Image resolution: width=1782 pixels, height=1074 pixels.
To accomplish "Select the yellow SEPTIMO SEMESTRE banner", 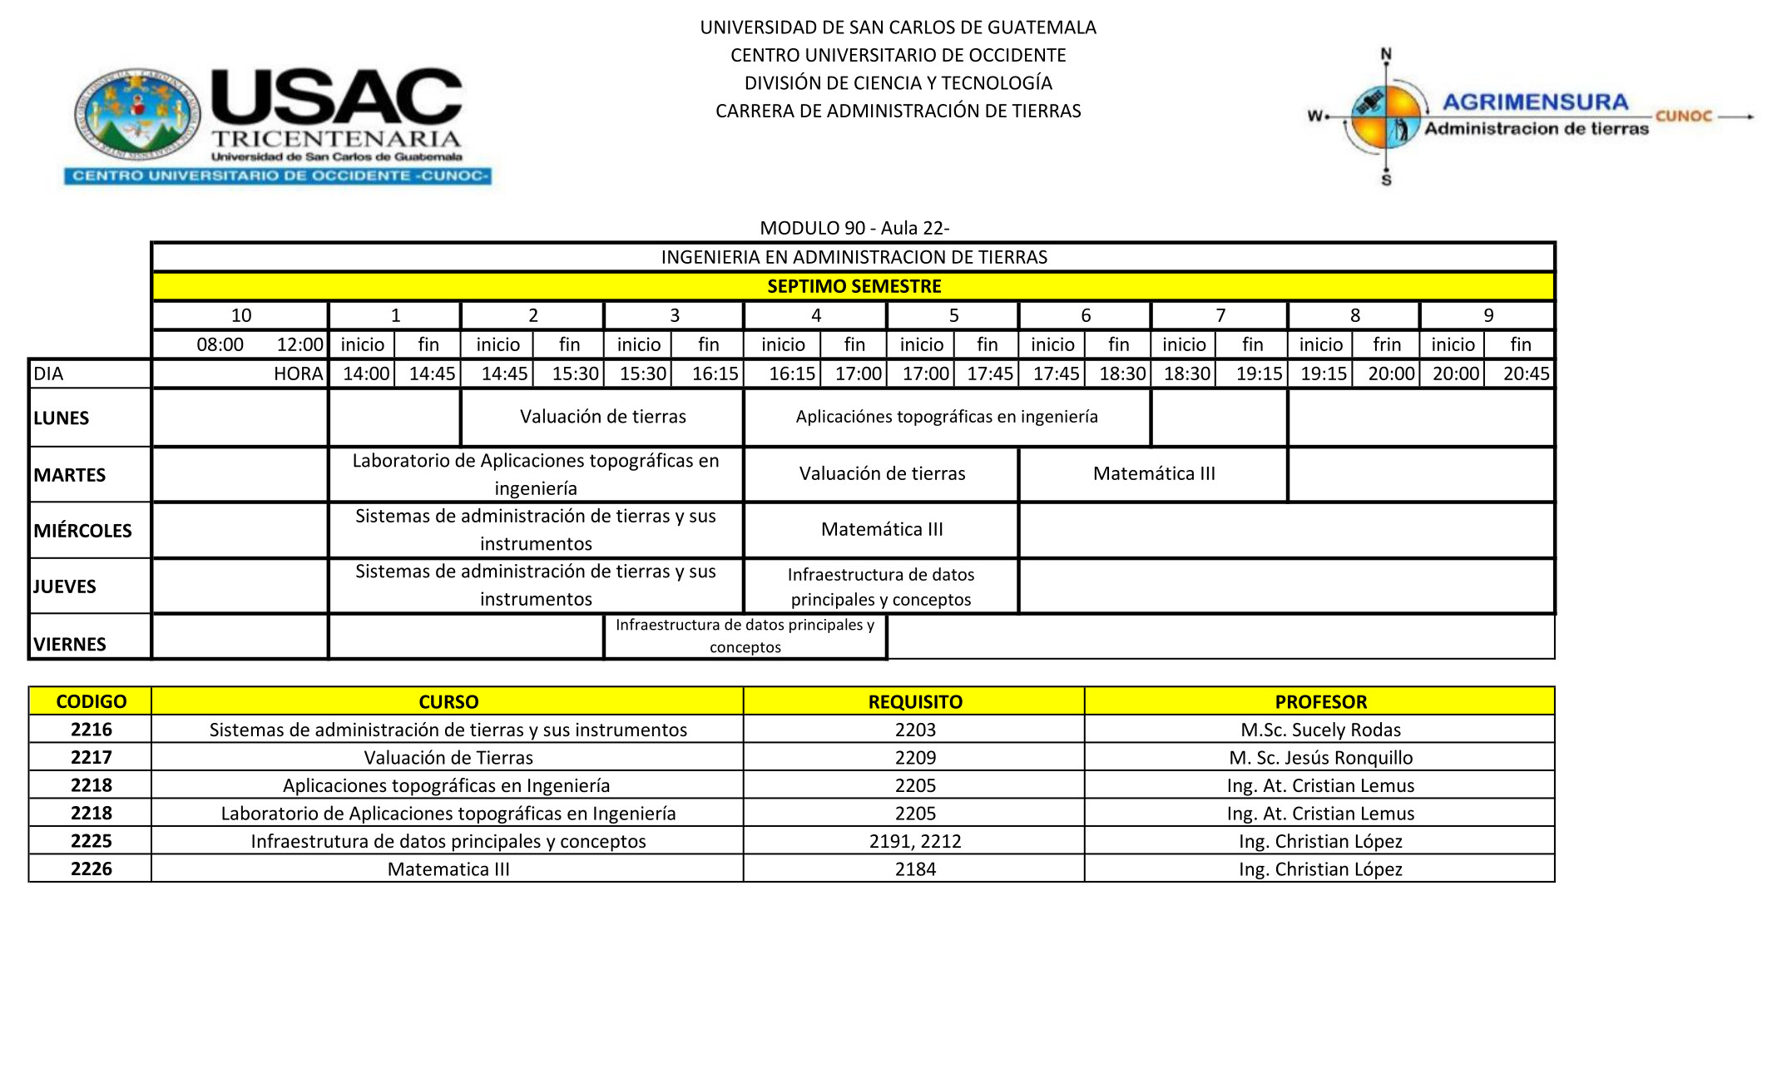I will pos(854,286).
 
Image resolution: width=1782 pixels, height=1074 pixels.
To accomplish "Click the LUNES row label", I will pos(62,418).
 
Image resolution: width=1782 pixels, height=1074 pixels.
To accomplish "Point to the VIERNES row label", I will pos(70,644).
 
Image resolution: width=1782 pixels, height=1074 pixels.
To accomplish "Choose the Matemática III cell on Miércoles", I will pos(882,529).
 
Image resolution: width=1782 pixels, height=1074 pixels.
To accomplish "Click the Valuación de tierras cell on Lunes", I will pos(602,417).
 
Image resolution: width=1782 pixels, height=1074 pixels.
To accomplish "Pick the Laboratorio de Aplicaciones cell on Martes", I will pos(536,474).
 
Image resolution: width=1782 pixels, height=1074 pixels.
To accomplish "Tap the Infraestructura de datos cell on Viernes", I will pos(745,636).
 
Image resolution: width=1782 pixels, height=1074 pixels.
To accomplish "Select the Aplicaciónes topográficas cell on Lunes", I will pos(947,417).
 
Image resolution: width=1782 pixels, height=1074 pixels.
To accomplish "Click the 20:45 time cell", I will pos(1526,374).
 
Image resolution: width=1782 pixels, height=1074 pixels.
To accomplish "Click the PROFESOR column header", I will pos(1320,701).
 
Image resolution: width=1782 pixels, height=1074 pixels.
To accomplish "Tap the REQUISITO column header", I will pos(915,701).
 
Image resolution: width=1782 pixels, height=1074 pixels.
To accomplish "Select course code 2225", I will pos(92,840).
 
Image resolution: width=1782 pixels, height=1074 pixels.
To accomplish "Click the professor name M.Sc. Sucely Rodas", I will pos(1320,730).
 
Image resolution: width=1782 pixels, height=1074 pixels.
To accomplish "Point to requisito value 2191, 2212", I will pos(915,841).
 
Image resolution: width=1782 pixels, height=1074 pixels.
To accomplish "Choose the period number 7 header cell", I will pos(1220,315).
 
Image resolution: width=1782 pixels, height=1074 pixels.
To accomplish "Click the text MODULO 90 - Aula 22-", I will pos(854,228).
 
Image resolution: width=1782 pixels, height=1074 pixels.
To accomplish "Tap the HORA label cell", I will pos(298,374).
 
